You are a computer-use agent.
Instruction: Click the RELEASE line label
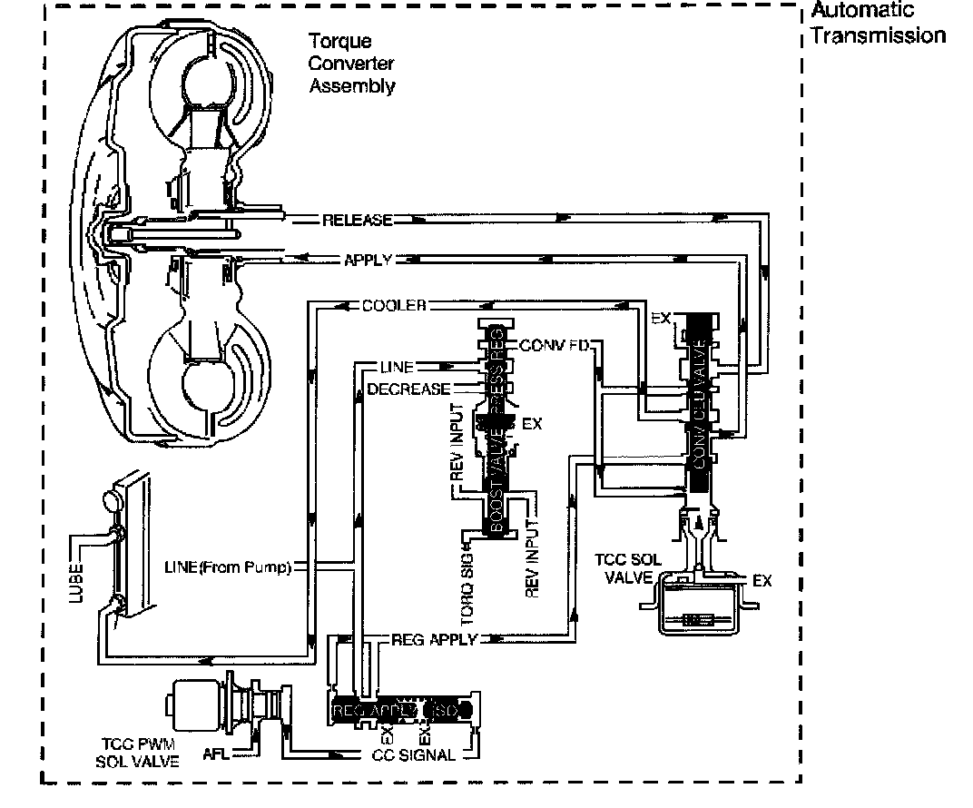point(358,221)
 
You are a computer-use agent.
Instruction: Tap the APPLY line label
point(367,260)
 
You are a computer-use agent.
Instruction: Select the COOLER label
point(394,305)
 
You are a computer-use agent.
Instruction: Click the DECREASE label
point(408,389)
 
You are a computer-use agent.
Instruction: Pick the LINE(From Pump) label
point(228,569)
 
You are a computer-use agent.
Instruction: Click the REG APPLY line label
point(433,639)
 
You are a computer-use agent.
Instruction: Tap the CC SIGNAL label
point(414,755)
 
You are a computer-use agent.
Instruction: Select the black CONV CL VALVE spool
point(698,399)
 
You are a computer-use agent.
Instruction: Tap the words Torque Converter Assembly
point(351,64)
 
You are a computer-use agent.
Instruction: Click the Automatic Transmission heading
point(877,24)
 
